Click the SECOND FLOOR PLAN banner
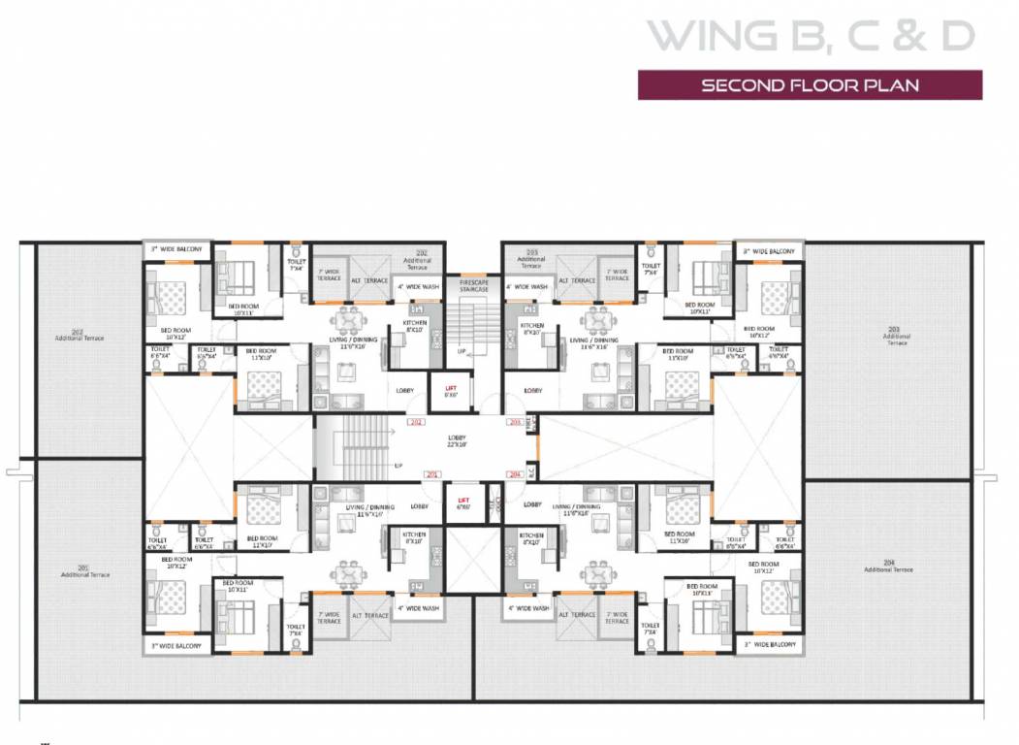pyautogui.click(x=810, y=85)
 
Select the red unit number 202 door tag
pyautogui.click(x=416, y=423)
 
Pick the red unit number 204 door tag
pyautogui.click(x=514, y=474)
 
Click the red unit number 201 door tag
pyautogui.click(x=432, y=474)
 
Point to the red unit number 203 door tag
pyautogui.click(x=514, y=423)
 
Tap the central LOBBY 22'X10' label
pyautogui.click(x=457, y=441)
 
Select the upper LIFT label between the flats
pyautogui.click(x=450, y=390)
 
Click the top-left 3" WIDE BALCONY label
pyautogui.click(x=176, y=250)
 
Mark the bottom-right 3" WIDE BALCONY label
pyautogui.click(x=770, y=644)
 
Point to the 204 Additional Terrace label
pyautogui.click(x=900, y=567)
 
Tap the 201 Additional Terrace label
pyautogui.click(x=85, y=571)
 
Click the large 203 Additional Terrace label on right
pyautogui.click(x=897, y=339)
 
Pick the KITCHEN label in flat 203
pyautogui.click(x=531, y=328)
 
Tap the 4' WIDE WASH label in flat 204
pyautogui.click(x=528, y=608)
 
